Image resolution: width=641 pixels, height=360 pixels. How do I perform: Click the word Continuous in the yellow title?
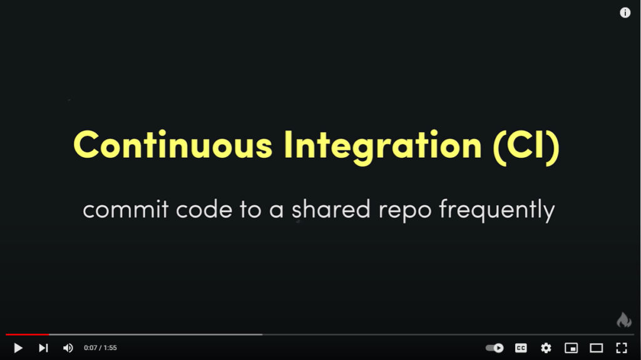pyautogui.click(x=173, y=145)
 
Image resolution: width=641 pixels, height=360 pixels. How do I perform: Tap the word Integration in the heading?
pyautogui.click(x=383, y=147)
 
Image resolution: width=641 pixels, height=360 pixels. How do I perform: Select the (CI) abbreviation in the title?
pyautogui.click(x=526, y=147)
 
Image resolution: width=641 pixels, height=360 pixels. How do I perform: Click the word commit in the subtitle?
pyautogui.click(x=125, y=210)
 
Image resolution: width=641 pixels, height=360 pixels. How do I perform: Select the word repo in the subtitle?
pyautogui.click(x=405, y=212)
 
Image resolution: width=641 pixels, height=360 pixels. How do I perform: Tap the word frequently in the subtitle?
pyautogui.click(x=496, y=211)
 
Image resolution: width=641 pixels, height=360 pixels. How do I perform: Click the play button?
pyautogui.click(x=18, y=348)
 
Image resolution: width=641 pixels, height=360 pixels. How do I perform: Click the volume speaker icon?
pyautogui.click(x=68, y=348)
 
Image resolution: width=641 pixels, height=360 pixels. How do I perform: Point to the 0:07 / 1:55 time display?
pyautogui.click(x=101, y=347)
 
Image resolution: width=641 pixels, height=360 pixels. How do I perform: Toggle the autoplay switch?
pyautogui.click(x=495, y=348)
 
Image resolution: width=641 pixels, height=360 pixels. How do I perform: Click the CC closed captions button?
pyautogui.click(x=521, y=348)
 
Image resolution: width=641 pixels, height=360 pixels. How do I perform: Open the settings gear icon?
pyautogui.click(x=546, y=348)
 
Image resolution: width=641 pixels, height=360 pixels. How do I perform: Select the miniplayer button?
pyautogui.click(x=571, y=348)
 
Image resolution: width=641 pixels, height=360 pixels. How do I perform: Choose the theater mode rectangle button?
pyautogui.click(x=597, y=348)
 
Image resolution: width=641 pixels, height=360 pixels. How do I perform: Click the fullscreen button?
pyautogui.click(x=622, y=348)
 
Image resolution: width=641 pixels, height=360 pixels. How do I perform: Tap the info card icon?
pyautogui.click(x=625, y=13)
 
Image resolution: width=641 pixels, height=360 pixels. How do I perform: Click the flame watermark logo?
pyautogui.click(x=624, y=319)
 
